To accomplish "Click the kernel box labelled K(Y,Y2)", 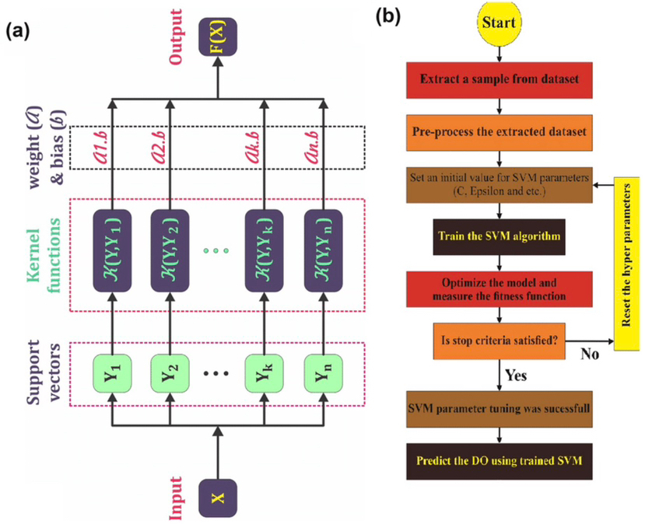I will (x=169, y=250).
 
